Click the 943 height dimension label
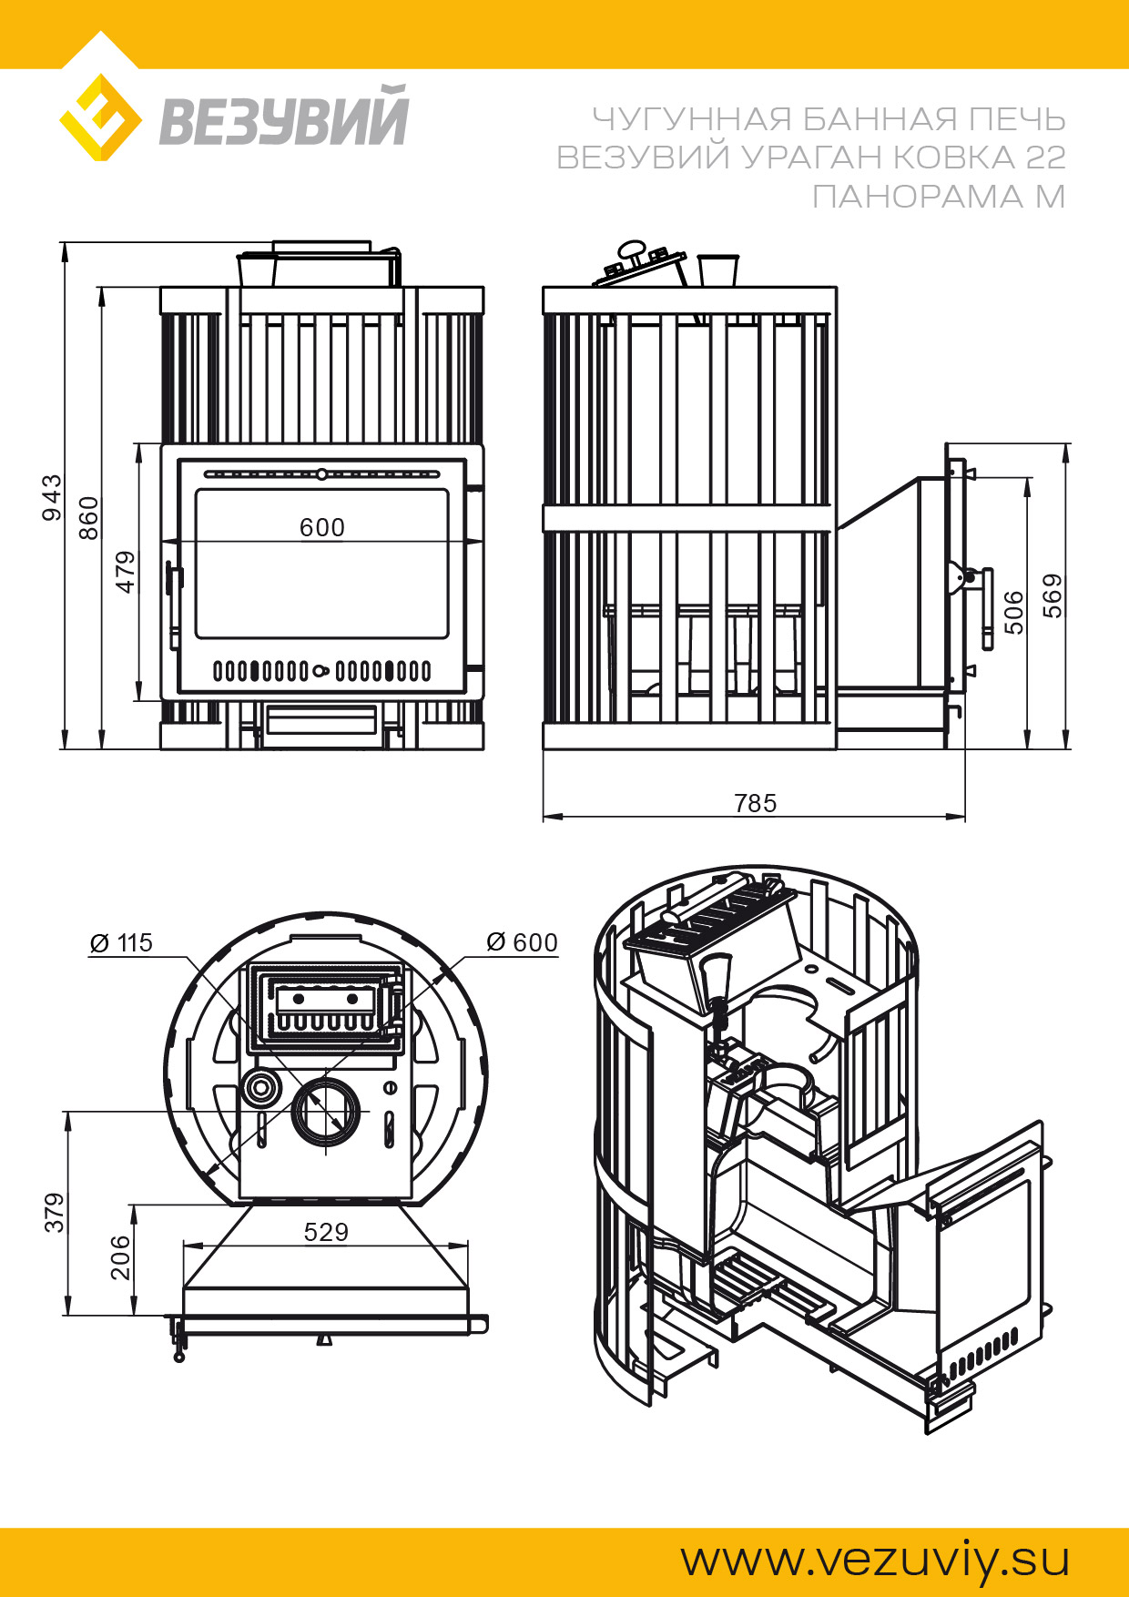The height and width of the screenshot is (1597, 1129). coord(53,497)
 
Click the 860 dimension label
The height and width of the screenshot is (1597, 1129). coord(88,517)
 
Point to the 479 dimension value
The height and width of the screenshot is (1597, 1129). coord(126,572)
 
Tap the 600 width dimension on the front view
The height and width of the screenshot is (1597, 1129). coord(322,527)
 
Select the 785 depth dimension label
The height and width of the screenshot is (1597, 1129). coord(755,803)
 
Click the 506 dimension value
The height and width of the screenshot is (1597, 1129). coord(1013,612)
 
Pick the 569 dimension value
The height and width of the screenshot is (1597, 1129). coord(1053,595)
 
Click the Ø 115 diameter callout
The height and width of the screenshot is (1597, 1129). coord(121,943)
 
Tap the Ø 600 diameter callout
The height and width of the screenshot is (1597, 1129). coord(522,942)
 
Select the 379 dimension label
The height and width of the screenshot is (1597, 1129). coord(56,1213)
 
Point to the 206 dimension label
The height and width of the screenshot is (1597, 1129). coord(120,1258)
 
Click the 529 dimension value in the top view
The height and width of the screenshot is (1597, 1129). coord(326,1232)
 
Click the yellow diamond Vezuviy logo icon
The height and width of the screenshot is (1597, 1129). coord(100,118)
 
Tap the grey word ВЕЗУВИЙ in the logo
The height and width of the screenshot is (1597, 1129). coord(284,118)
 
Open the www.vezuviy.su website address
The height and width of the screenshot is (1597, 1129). coord(875,1561)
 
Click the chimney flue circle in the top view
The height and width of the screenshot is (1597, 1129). coord(325,1112)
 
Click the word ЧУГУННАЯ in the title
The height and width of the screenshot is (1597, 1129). coord(693,119)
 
